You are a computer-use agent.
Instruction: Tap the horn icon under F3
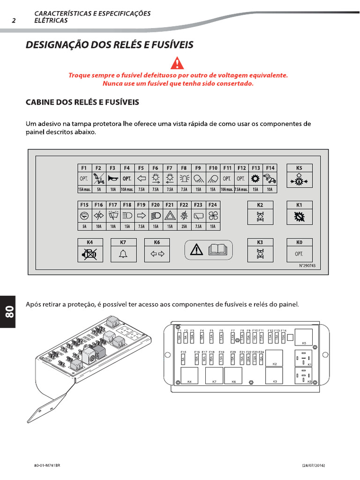pos(112,179)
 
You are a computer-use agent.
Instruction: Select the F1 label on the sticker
pos(84,167)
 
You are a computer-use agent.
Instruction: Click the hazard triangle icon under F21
pos(170,216)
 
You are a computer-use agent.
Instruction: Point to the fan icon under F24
pos(212,216)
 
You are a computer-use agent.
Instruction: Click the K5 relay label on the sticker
pos(299,167)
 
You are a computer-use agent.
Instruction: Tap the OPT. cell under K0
pos(299,254)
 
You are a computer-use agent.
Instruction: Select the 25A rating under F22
pos(184,226)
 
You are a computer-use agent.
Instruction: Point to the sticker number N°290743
pos(307,266)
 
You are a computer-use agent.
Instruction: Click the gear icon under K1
pos(299,217)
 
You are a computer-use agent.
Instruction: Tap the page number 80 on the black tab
pos(9,311)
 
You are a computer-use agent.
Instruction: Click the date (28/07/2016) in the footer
pos(313,465)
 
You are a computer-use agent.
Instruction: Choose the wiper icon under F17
pos(112,216)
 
